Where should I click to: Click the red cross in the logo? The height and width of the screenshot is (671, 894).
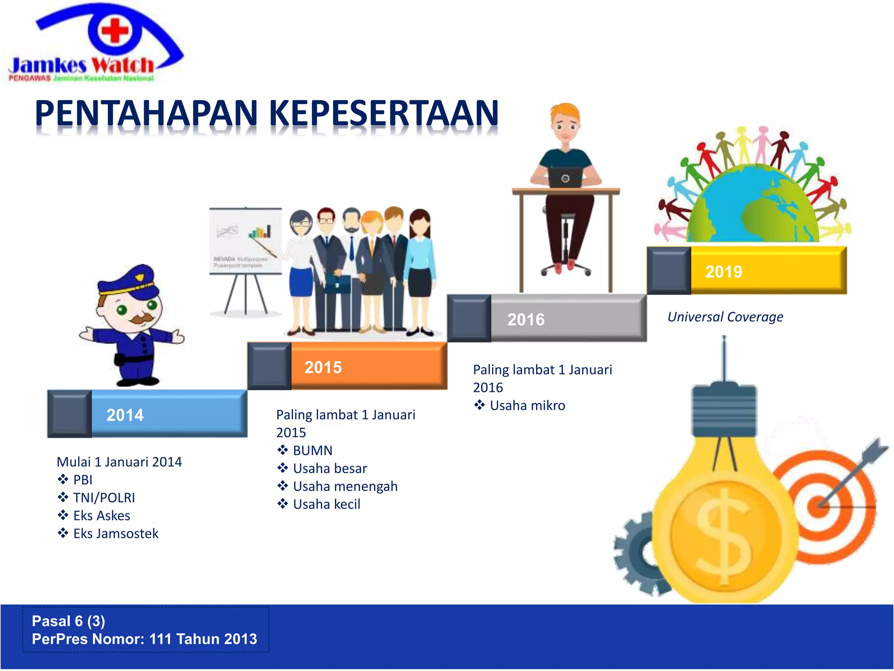(x=115, y=31)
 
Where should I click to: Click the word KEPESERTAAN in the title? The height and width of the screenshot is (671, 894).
(x=384, y=113)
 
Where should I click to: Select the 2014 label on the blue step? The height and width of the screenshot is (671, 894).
(x=125, y=415)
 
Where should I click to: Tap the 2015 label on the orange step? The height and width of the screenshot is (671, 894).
(x=323, y=367)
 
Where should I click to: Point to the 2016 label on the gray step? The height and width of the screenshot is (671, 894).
(x=526, y=320)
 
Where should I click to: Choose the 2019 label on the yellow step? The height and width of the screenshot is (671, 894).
(x=724, y=272)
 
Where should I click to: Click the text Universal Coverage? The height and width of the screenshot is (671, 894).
(x=725, y=317)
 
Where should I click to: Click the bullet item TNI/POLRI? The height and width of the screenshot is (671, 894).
(x=104, y=498)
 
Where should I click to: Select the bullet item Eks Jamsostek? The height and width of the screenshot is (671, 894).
(x=116, y=533)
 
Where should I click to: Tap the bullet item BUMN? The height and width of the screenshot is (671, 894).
(x=313, y=450)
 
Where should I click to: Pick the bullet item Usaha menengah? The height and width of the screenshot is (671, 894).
(x=345, y=486)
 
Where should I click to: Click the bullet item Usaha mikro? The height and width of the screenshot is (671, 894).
(x=527, y=405)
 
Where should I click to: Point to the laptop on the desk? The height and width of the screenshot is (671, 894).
(x=565, y=177)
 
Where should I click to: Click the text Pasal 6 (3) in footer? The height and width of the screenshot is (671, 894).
(x=69, y=621)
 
